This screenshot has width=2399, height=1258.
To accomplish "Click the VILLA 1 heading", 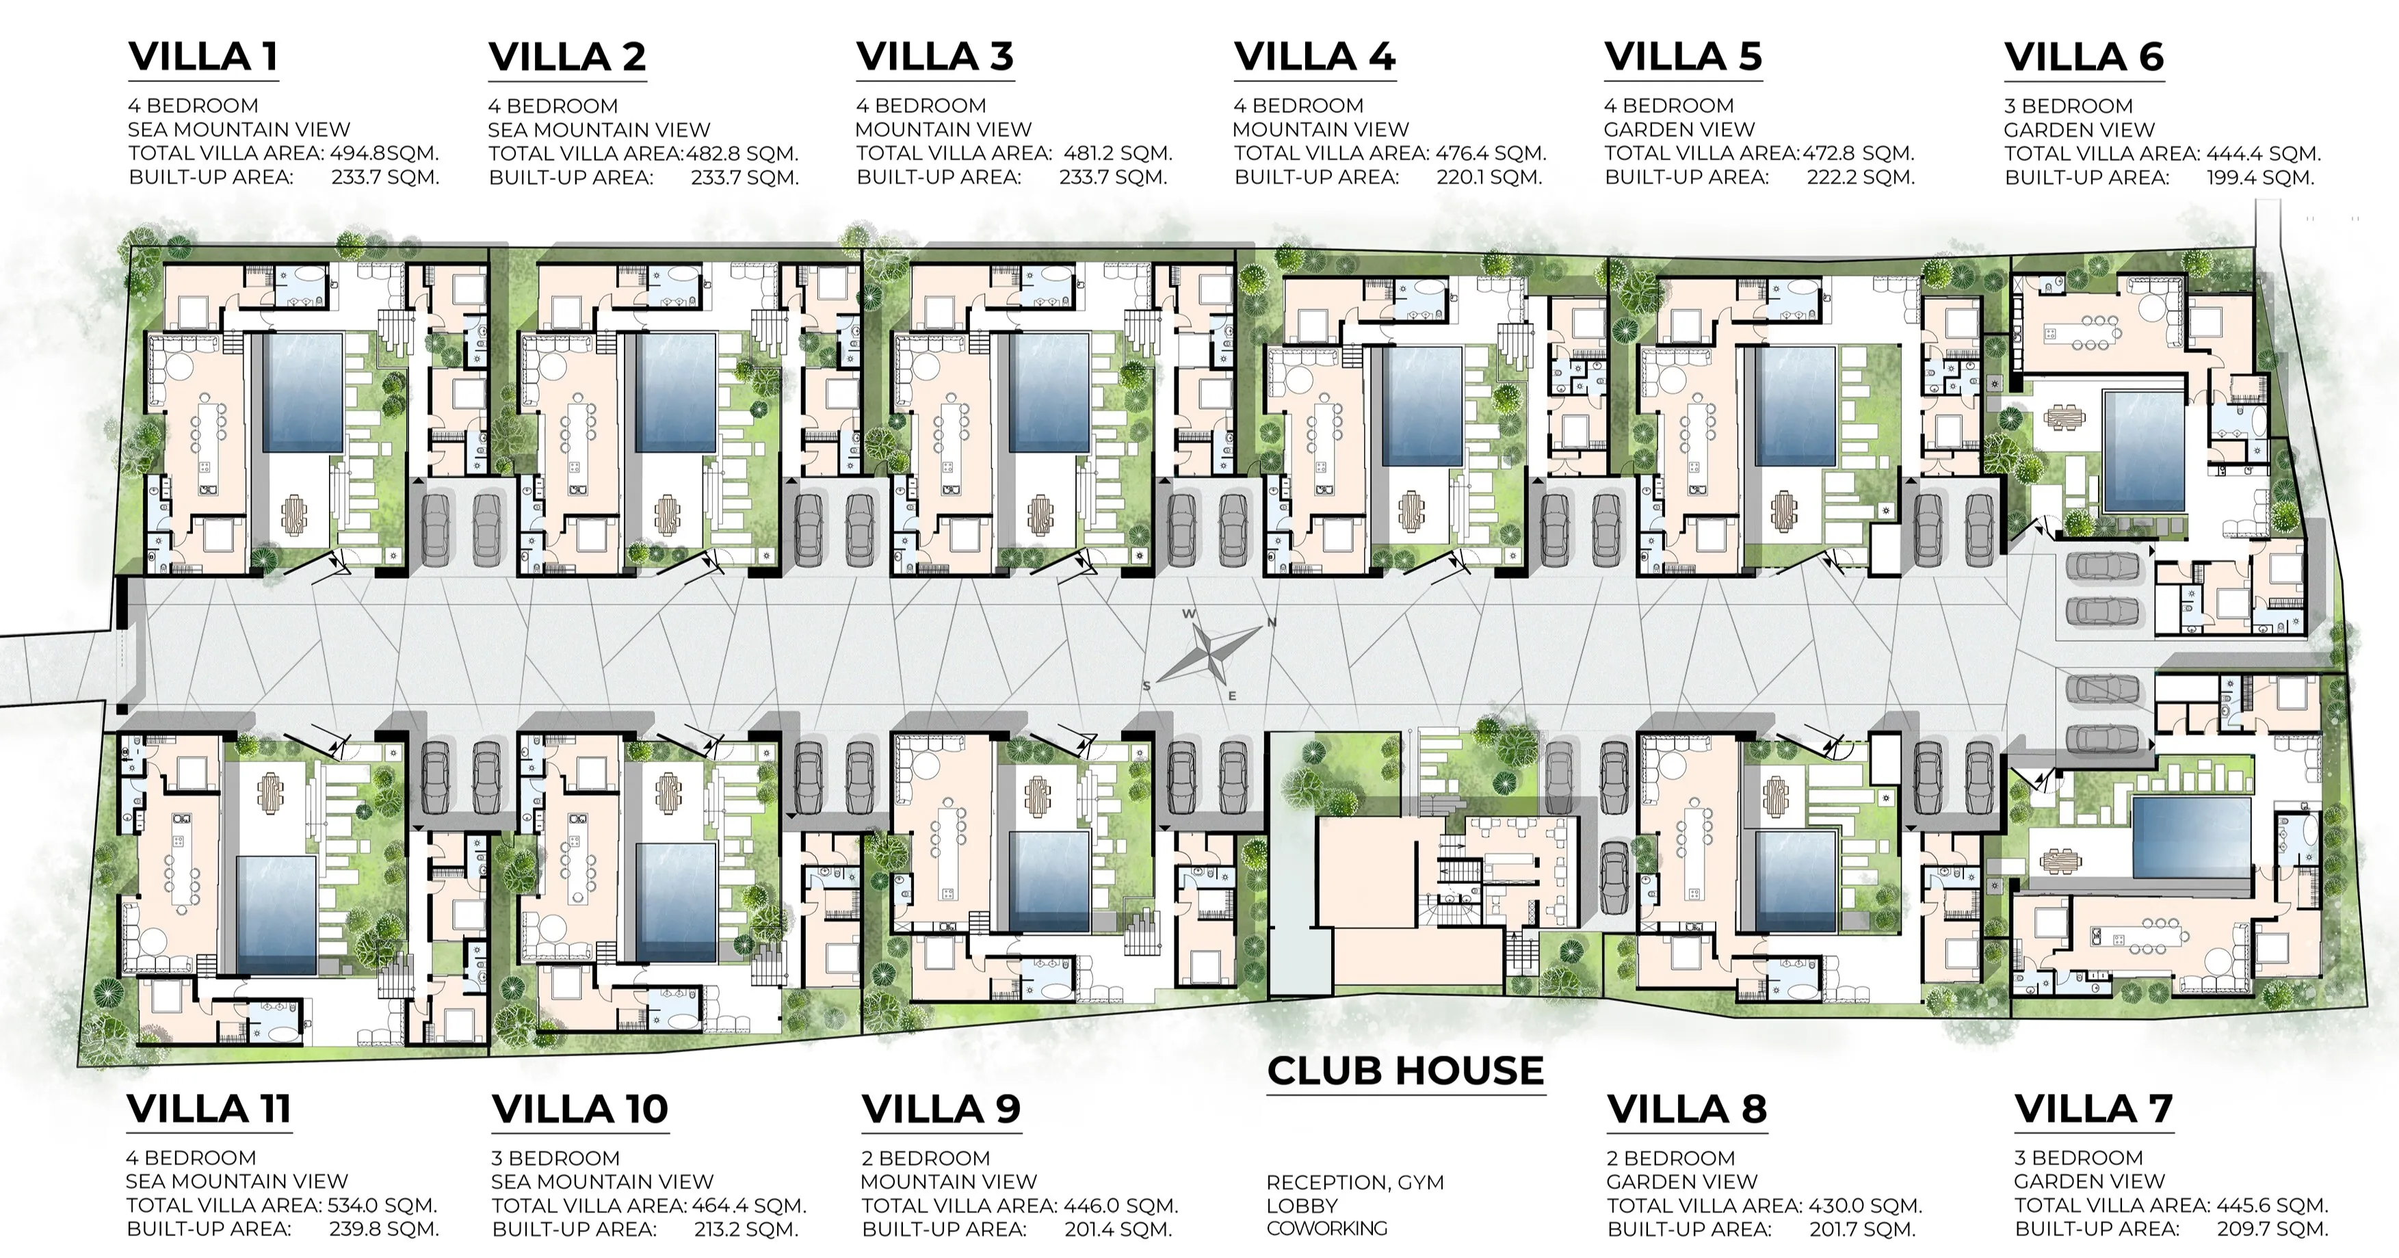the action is [203, 57].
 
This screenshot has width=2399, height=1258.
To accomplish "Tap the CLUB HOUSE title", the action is [1405, 1071].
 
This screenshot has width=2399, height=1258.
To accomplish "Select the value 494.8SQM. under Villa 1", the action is [384, 153].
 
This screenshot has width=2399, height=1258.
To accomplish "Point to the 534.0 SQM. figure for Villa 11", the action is [382, 1205].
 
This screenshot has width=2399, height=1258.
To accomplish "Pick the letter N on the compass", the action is [1271, 622].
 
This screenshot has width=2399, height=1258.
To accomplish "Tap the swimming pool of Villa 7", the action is [2190, 835].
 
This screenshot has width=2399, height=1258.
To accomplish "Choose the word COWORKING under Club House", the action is [1326, 1228].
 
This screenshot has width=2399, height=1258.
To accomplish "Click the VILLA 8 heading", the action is [1687, 1109].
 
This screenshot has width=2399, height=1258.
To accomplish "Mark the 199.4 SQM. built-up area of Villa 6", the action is [2260, 177].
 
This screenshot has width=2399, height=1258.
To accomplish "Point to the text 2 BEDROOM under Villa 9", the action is [926, 1158].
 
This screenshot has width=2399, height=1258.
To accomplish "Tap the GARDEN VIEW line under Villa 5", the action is [1679, 129].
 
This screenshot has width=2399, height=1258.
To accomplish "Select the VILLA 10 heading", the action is [580, 1109].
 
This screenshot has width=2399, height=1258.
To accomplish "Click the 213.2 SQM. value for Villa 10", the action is [746, 1229].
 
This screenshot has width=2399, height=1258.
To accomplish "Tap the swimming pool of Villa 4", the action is [1422, 406].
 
